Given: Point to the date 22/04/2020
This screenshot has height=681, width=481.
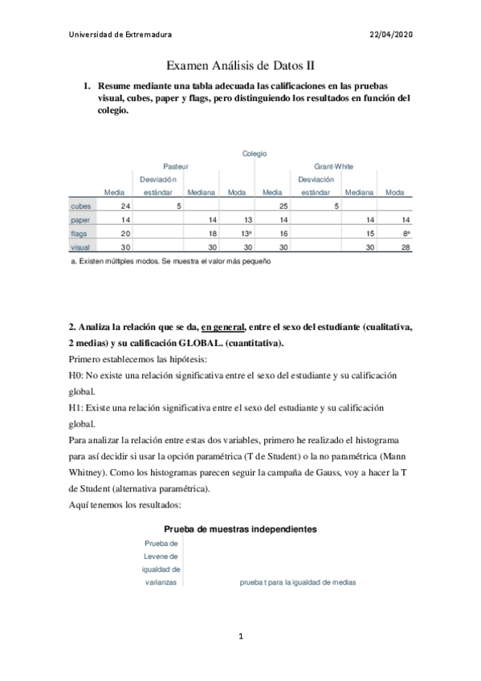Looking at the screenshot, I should click(391, 35).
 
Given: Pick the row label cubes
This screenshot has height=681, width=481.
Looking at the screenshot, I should click(80, 206).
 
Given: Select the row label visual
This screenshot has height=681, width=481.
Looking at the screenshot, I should click(80, 247).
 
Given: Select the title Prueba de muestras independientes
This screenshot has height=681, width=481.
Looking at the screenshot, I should click(240, 529).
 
